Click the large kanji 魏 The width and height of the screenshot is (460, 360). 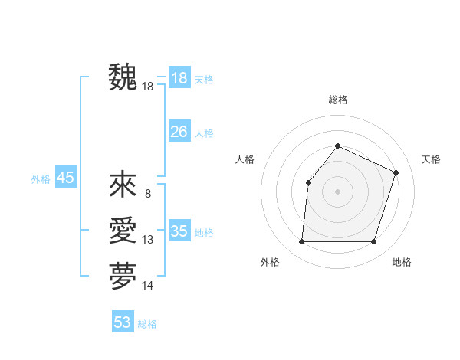coord(123,77)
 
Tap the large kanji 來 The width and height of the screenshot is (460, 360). coord(123,185)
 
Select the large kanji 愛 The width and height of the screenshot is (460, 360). coord(123,231)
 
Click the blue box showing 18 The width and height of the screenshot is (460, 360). coord(179,78)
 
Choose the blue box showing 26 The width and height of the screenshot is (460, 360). coord(179,132)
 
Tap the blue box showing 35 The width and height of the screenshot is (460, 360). coord(179,231)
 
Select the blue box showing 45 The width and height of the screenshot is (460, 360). coord(66,178)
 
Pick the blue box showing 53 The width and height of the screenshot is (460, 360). coord(123,322)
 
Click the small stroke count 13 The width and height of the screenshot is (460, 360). coord(148,241)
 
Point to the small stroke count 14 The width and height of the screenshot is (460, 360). coord(148,286)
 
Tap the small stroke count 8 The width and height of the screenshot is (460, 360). coord(148,194)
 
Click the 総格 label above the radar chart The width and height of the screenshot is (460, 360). coord(337,100)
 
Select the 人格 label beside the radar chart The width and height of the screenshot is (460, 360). coord(245,159)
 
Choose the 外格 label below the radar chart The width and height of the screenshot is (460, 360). coord(270,262)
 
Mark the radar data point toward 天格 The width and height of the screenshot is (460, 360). coord(396,172)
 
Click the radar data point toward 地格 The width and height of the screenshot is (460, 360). coord(373,241)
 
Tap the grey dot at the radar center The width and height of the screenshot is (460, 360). coord(337,191)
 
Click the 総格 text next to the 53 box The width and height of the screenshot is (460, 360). coord(147,324)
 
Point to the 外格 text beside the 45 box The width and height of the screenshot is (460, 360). coord(40,179)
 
